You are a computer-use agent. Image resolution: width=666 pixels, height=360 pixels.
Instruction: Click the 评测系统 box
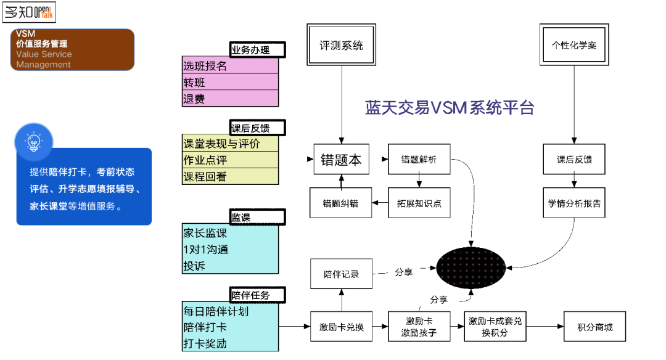click(341, 45)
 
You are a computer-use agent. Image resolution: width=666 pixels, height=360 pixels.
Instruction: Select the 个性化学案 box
click(573, 45)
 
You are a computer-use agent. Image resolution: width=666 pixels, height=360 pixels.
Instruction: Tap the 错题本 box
click(341, 160)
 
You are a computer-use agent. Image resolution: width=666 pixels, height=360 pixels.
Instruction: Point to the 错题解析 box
click(419, 160)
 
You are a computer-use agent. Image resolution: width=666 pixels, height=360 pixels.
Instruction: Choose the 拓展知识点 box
click(419, 203)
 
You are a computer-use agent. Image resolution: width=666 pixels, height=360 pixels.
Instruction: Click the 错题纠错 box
click(341, 203)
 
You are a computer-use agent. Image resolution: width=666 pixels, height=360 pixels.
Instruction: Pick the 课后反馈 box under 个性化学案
click(574, 160)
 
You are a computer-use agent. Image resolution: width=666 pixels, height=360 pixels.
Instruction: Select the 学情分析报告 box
click(574, 203)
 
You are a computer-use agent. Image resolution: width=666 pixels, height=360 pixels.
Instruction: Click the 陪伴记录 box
click(341, 274)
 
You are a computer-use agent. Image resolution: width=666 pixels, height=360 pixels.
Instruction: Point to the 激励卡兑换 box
click(341, 327)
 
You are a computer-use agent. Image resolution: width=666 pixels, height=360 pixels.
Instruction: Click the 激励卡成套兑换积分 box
click(495, 327)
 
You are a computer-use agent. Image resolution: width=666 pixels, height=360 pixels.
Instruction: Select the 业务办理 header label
click(258, 50)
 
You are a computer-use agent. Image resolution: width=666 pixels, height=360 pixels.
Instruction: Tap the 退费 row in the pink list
click(231, 99)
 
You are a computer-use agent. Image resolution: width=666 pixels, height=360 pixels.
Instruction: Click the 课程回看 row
click(231, 176)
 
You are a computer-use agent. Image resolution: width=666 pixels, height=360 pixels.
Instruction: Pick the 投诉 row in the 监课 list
click(231, 266)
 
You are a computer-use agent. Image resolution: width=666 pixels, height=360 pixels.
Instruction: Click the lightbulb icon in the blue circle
click(34, 142)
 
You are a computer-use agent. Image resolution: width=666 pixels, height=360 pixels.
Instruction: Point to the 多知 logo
click(29, 12)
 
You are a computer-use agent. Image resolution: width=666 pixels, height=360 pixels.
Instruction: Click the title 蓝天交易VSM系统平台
click(450, 108)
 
